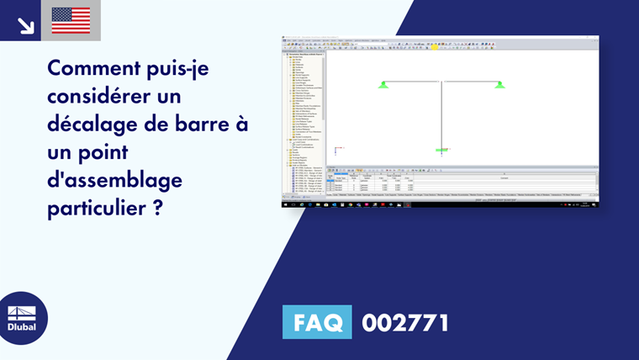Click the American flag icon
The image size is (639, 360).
[71, 20]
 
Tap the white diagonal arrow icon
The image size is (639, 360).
[25, 24]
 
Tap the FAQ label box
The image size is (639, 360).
[317, 322]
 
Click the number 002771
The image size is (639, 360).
[404, 322]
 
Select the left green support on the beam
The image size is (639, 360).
[383, 84]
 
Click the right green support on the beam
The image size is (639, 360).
[499, 84]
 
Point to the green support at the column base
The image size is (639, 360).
[441, 150]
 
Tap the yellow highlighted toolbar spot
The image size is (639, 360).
[435, 48]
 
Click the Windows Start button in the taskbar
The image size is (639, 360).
[286, 204]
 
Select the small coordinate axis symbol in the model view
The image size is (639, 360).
[335, 151]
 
